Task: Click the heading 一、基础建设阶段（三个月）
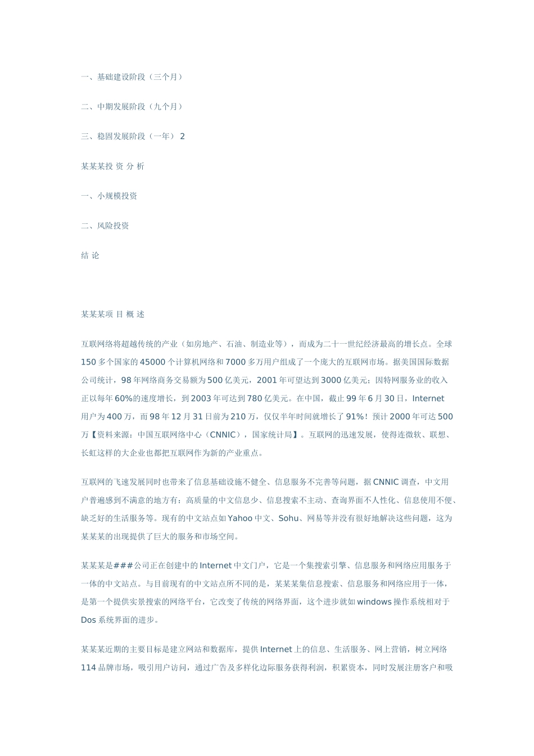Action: click(133, 77)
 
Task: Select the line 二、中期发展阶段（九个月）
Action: click(133, 107)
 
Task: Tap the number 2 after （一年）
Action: click(182, 137)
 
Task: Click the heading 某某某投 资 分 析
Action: click(112, 166)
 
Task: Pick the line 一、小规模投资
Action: click(109, 196)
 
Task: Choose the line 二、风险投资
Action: click(105, 226)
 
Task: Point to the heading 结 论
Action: click(90, 256)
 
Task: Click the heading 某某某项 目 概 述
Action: click(112, 314)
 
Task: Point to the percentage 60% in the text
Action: click(123, 399)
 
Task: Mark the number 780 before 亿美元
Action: click(255, 399)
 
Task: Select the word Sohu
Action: click(289, 519)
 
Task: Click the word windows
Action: click(374, 602)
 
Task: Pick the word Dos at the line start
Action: click(88, 620)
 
